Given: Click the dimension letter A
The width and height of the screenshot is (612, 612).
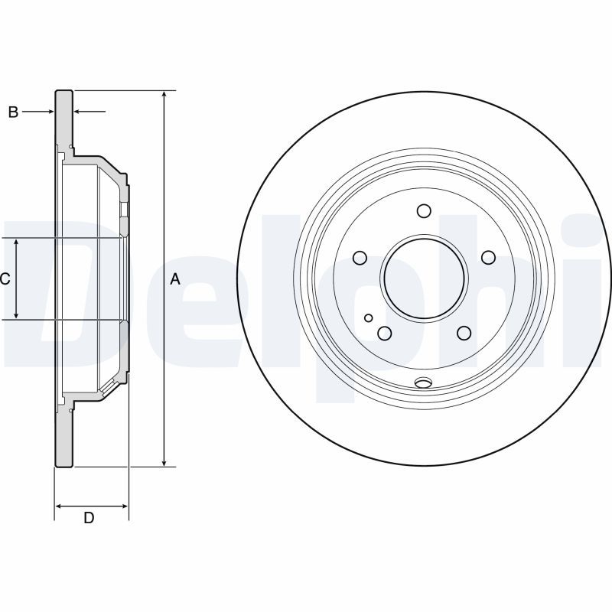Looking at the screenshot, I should [175, 279].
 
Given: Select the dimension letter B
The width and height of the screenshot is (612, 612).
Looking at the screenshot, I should [13, 112].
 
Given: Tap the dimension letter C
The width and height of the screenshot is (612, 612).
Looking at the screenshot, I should [5, 279].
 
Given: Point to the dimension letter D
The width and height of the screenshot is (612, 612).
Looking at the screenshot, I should [89, 518].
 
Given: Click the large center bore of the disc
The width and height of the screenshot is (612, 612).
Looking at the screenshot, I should [425, 278].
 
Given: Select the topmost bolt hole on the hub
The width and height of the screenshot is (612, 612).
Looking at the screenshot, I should [425, 211].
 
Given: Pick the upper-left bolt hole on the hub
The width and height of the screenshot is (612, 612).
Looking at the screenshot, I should [360, 258].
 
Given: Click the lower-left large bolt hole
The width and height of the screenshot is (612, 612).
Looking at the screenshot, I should [385, 333].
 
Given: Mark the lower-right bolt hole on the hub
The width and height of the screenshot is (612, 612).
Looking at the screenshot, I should [464, 333].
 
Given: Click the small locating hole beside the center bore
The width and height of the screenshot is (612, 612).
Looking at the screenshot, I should [369, 317].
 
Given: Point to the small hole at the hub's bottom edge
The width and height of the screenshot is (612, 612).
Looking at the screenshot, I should [423, 383].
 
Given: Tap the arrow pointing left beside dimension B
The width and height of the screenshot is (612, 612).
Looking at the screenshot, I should [80, 112].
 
